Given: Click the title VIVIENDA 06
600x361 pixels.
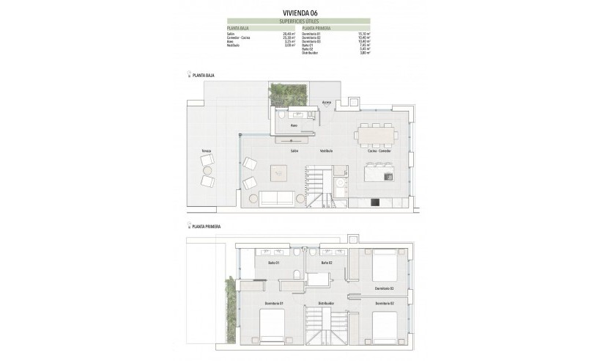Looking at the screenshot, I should (x=300, y=12).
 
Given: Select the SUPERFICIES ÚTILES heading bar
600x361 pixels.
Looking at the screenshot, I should (x=300, y=21).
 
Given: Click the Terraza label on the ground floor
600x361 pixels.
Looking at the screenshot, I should (x=207, y=150).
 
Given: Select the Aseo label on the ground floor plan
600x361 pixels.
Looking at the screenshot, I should (x=292, y=125).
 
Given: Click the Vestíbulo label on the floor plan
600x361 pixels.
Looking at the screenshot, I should (x=325, y=150).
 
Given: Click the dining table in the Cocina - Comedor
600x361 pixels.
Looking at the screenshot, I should (x=377, y=134).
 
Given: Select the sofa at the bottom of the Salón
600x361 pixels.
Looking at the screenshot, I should (x=278, y=197).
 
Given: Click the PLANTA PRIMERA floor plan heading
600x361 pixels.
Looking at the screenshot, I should (x=207, y=227).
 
